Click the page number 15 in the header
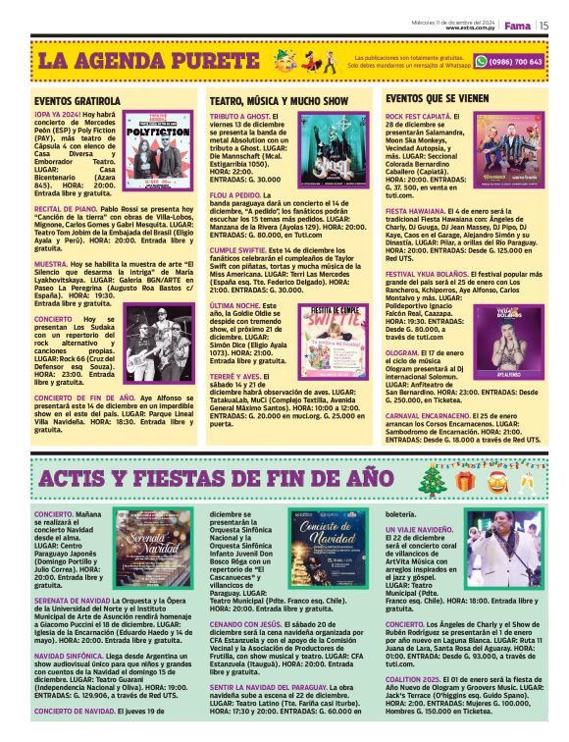point(543,26)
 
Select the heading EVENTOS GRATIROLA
point(78,101)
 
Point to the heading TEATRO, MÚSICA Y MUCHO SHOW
point(279,101)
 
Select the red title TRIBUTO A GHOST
point(239,116)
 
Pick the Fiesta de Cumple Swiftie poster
point(334,340)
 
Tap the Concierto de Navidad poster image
point(335,546)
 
